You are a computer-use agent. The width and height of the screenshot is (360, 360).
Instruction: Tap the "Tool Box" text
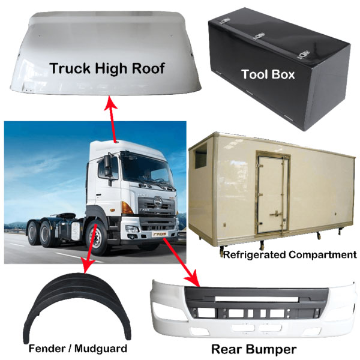tap(268, 74)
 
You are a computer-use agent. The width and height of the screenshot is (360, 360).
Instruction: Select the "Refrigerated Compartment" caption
tap(289, 254)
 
